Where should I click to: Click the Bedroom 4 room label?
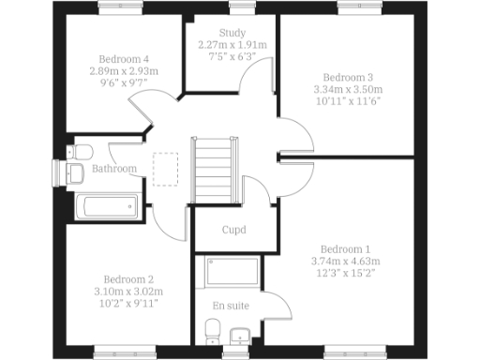(124, 57)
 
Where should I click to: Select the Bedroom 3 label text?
(348, 77)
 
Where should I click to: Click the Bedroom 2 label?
(128, 279)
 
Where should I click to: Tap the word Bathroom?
(114, 169)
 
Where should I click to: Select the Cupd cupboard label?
(233, 230)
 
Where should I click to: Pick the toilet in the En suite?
(212, 331)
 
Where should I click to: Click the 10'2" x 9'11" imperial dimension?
(128, 304)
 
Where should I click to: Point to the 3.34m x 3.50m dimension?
(348, 89)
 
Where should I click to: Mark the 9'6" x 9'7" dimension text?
(124, 82)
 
